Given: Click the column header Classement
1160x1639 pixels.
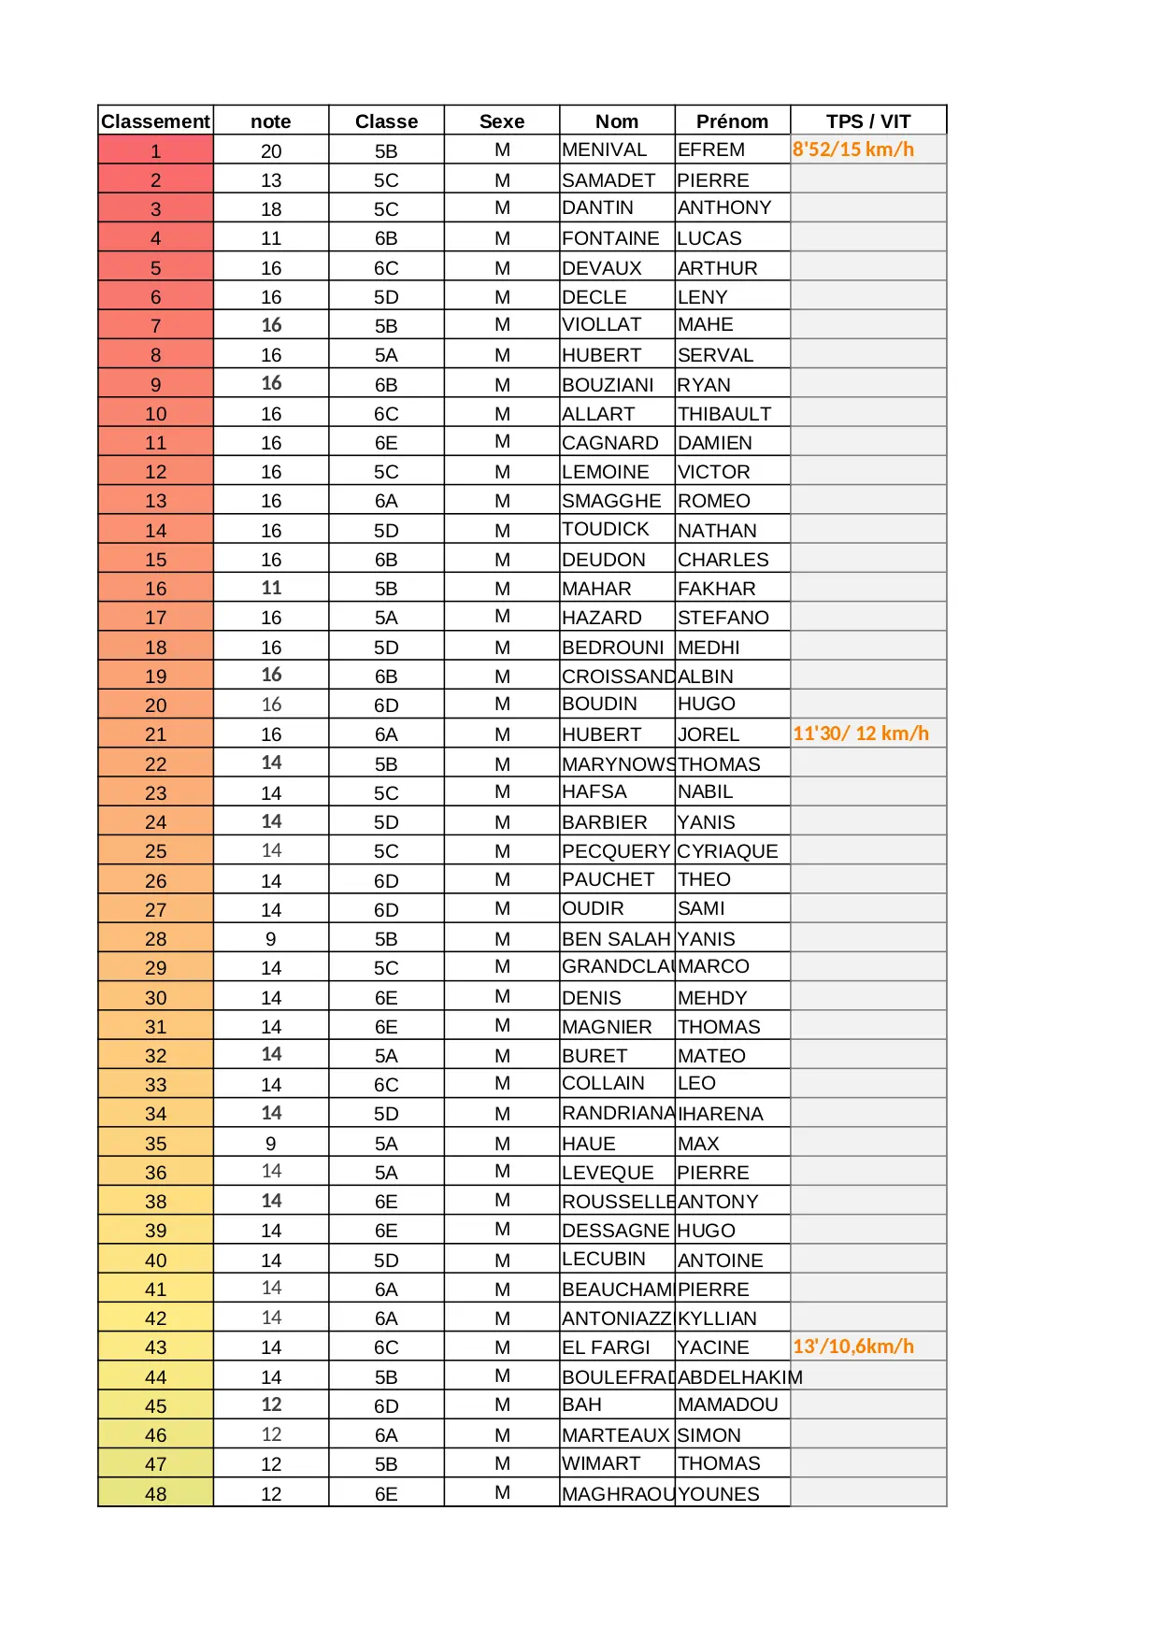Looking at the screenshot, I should pyautogui.click(x=155, y=121).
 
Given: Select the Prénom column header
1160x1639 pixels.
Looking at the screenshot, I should pyautogui.click(x=732, y=121).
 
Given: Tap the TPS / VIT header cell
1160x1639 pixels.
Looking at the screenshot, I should pyautogui.click(x=867, y=121).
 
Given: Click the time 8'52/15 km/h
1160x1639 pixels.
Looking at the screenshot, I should pyautogui.click(x=852, y=150).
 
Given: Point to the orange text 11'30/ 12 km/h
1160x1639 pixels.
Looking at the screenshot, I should pyautogui.click(x=860, y=734).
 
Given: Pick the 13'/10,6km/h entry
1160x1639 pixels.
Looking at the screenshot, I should pyautogui.click(x=852, y=1347).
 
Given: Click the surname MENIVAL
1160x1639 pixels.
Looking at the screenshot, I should pyautogui.click(x=604, y=150).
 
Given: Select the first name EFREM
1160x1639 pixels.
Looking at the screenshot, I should pyautogui.click(x=710, y=150).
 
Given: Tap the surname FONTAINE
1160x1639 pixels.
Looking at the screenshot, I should pyautogui.click(x=610, y=238).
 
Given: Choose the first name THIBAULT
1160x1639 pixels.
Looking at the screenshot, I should pyautogui.click(x=724, y=414).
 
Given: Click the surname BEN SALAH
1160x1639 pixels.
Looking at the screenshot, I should pyautogui.click(x=616, y=939).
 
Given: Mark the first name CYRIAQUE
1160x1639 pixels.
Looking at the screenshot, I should pyautogui.click(x=727, y=851).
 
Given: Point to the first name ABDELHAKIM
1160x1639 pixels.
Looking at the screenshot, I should pyautogui.click(x=739, y=1377).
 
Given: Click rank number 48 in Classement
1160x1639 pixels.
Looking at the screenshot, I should pyautogui.click(x=155, y=1494).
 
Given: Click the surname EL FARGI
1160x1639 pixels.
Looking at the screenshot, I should pyautogui.click(x=606, y=1347).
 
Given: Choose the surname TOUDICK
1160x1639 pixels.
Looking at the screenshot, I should pyautogui.click(x=605, y=530).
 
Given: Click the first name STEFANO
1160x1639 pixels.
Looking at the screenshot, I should pyautogui.click(x=723, y=618).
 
